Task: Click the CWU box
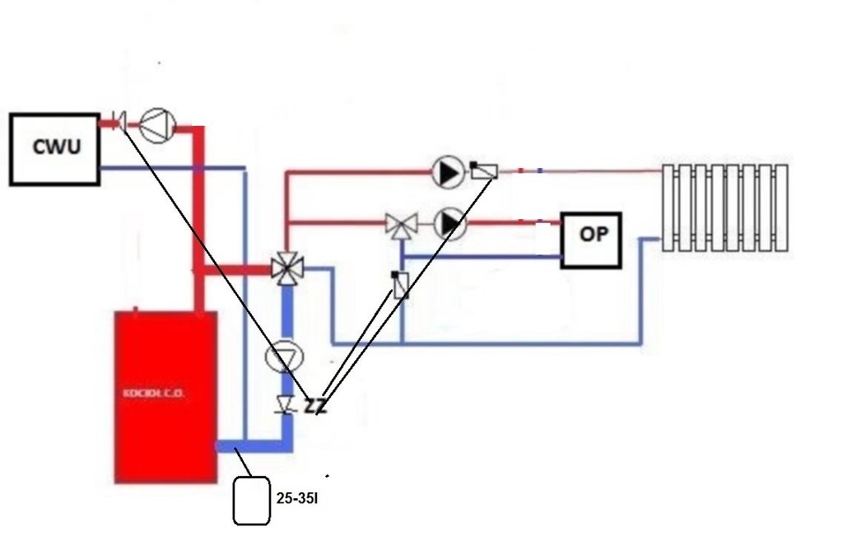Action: click(54, 148)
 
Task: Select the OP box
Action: click(591, 240)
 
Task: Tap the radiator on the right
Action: click(725, 207)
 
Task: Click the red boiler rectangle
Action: click(165, 395)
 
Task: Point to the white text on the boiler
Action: click(154, 394)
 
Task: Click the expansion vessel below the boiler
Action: click(252, 500)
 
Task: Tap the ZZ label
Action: click(314, 406)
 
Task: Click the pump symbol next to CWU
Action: click(157, 125)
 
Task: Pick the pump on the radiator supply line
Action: click(448, 172)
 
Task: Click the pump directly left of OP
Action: click(449, 223)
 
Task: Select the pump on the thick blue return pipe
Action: click(285, 357)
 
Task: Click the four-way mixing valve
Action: click(286, 268)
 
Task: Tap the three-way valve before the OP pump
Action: click(402, 224)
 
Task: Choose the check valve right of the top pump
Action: click(484, 171)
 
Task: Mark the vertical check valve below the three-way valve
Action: click(401, 285)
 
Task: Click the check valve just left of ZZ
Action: click(286, 404)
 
